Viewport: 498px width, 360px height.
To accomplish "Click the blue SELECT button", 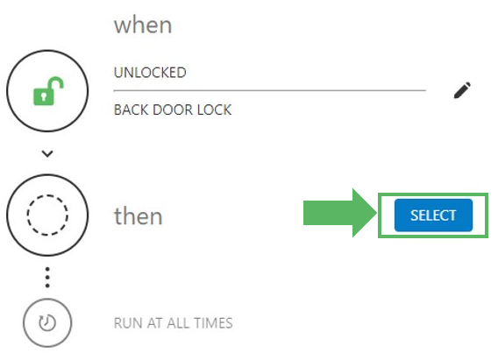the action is tap(433, 215).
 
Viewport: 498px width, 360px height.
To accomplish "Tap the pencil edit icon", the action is tap(462, 90).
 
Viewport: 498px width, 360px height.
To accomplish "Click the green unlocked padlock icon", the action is tap(48, 91).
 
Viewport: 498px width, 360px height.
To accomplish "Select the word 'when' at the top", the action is tap(143, 25).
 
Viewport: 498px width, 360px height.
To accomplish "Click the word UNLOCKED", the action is tap(150, 73).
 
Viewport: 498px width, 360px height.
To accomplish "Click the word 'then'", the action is tap(139, 216).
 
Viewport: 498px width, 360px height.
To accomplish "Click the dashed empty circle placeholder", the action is tap(47, 195).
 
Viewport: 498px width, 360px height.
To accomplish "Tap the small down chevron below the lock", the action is tap(47, 154).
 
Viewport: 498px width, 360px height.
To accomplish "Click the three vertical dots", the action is tap(47, 278).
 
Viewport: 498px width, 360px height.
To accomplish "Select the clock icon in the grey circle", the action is tap(47, 322).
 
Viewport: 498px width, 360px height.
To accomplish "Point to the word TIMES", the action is tap(213, 323).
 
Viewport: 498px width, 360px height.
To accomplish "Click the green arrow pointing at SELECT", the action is tap(340, 213).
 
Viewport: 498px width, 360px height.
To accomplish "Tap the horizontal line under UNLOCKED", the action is tap(270, 91).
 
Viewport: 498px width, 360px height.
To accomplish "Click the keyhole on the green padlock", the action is tap(44, 96).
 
